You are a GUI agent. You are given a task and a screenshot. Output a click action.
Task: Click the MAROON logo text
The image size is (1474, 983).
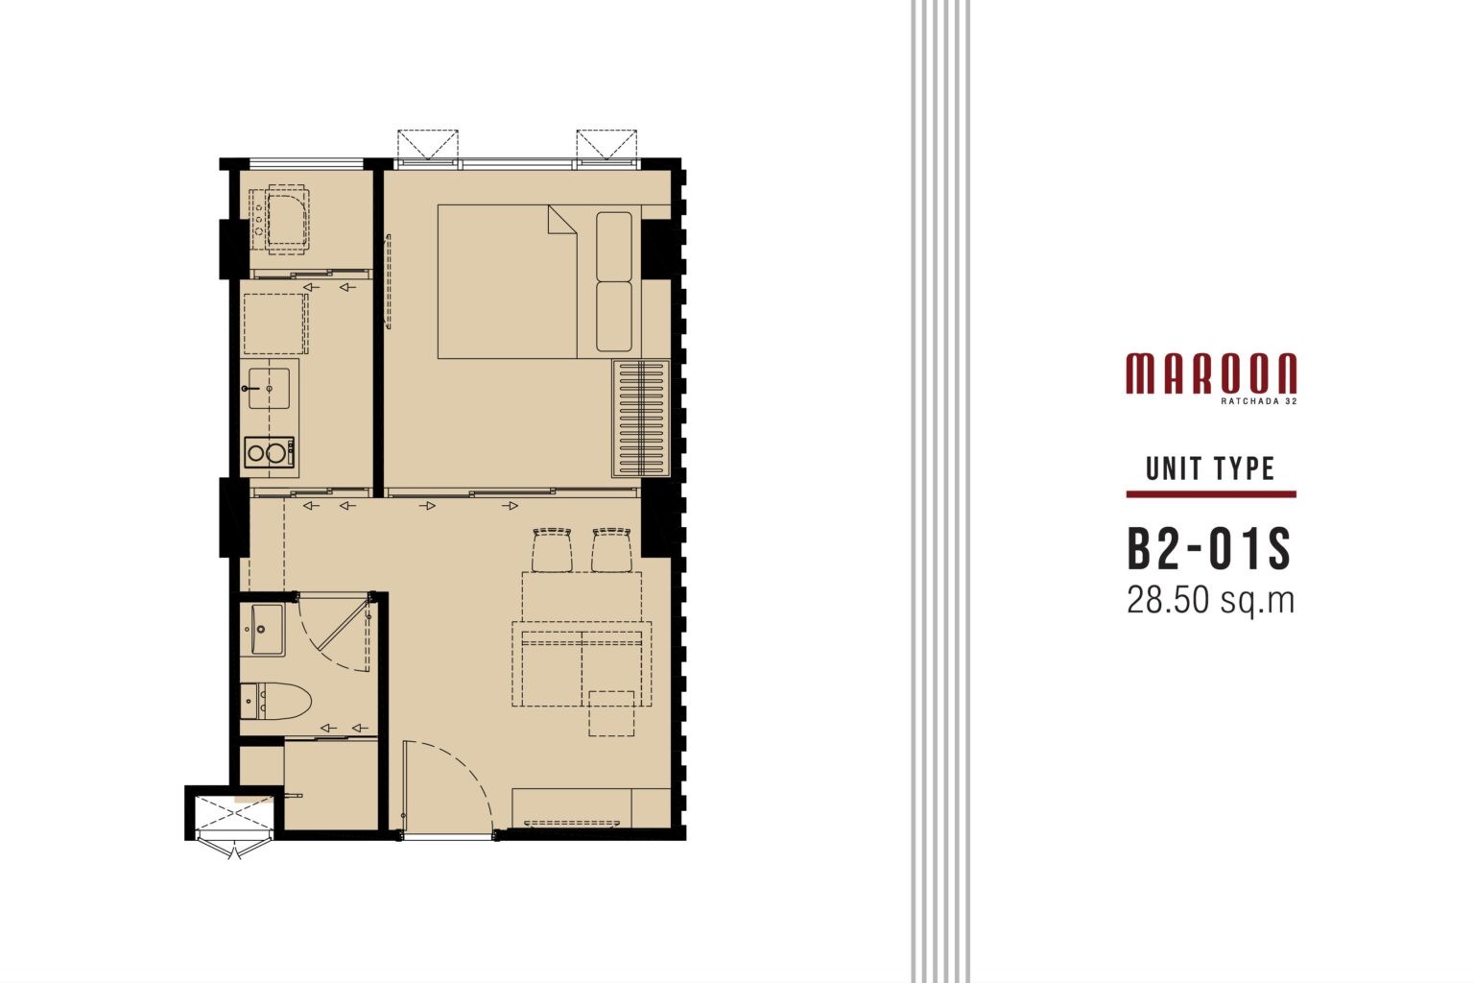(1211, 373)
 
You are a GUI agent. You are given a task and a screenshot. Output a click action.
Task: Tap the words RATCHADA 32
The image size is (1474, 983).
(1259, 400)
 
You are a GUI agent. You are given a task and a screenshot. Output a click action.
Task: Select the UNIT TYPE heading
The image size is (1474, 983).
(1210, 468)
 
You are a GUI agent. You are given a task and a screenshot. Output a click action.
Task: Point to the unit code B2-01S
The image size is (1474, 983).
(1209, 550)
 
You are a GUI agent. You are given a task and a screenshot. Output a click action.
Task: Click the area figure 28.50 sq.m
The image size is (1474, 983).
(1211, 600)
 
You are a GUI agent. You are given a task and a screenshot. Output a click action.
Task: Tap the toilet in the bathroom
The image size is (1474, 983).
(275, 701)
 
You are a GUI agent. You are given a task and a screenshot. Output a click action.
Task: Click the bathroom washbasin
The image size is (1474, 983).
(262, 630)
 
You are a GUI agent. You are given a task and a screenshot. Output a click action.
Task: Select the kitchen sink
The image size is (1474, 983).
(269, 389)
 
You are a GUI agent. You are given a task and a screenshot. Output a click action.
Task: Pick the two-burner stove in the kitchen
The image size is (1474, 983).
(269, 452)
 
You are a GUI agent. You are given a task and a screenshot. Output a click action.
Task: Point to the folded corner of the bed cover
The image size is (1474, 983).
(562, 220)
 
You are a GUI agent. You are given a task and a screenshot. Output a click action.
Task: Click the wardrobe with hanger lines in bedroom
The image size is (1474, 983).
(641, 418)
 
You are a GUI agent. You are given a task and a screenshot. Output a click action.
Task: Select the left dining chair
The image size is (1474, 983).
(552, 550)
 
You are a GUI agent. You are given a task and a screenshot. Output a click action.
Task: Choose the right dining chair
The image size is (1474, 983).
(611, 550)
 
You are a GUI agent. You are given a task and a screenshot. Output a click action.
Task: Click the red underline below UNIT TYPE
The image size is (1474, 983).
(1211, 493)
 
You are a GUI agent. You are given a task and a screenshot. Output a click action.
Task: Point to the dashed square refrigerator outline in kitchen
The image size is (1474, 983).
(275, 324)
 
